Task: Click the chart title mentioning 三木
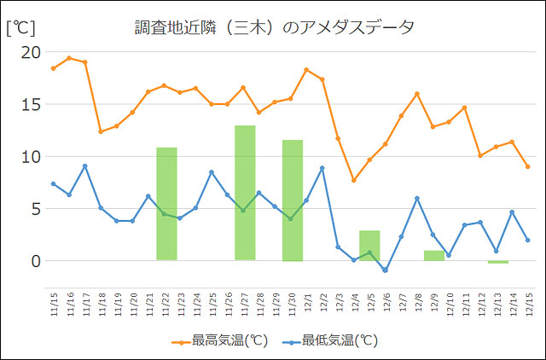point(274,26)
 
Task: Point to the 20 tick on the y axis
point(31,53)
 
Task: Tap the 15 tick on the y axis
point(31,105)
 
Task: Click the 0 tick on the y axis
point(35,261)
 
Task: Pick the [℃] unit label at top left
point(20,26)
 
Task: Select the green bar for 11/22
point(166,204)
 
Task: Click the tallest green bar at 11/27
point(245,193)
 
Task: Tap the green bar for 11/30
point(293,200)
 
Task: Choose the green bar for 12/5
point(369,246)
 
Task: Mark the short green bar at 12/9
point(434,255)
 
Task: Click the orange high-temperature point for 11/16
point(69,58)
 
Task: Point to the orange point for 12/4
point(353,180)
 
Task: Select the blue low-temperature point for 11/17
point(84,165)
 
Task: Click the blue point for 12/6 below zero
point(385,270)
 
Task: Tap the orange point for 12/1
point(306,70)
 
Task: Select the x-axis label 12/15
point(528,304)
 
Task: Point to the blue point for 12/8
point(416,198)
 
